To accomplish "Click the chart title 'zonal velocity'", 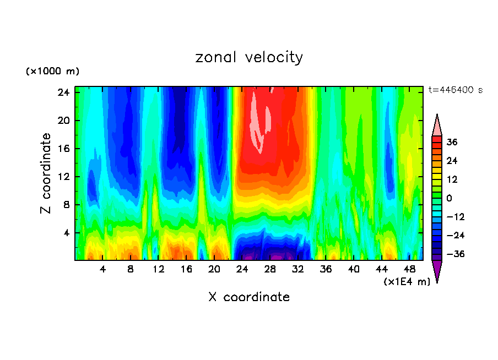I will pos(249,57).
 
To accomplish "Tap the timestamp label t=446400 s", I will pos(455,90).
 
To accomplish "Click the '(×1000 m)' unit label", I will pos(52,72).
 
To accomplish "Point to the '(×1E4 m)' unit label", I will pos(407,281).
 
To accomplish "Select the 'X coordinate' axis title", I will pos(249,297).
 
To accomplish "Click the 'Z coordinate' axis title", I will pos(46,173).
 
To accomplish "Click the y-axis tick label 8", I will pos(66,205).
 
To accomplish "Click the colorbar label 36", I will pos(452,142).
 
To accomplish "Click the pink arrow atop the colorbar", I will pos(437,125).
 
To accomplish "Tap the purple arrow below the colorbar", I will pos(437,271).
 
